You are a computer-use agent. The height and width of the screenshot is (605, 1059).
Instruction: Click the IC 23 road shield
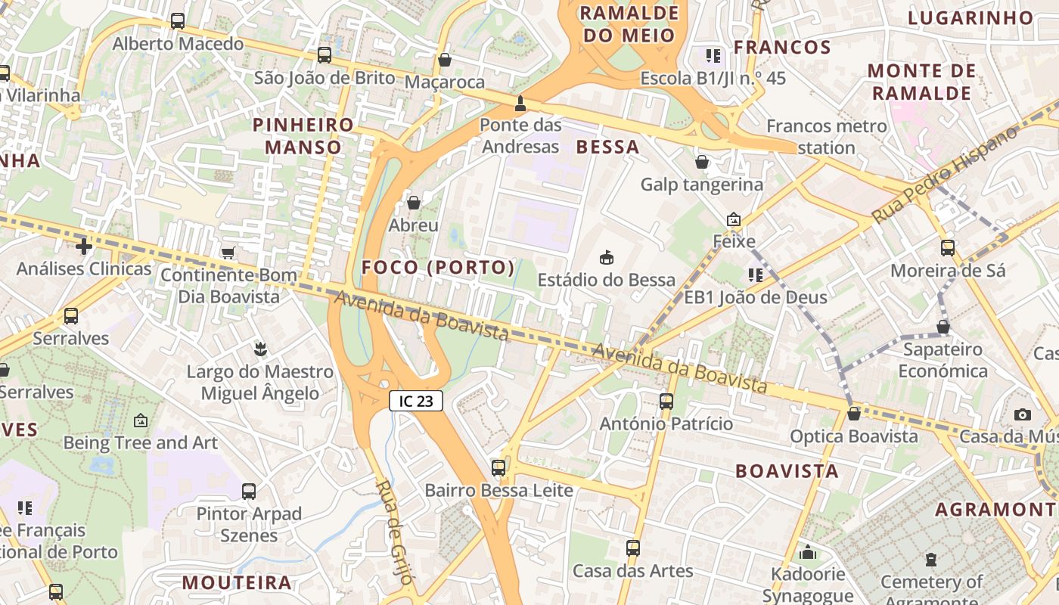click(415, 401)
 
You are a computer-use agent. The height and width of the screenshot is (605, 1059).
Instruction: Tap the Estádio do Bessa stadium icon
click(606, 258)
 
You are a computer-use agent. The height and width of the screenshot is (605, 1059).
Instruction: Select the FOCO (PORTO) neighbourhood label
click(438, 268)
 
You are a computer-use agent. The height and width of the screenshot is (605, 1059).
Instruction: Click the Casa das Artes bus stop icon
click(633, 548)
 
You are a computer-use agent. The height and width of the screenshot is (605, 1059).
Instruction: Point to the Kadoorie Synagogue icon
click(808, 552)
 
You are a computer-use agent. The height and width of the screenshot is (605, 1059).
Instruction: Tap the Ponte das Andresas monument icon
click(520, 103)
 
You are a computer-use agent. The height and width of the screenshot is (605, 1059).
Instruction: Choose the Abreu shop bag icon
click(414, 203)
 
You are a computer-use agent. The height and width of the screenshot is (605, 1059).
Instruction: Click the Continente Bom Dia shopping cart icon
click(228, 253)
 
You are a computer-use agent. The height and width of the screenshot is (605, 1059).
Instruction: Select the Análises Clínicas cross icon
click(84, 247)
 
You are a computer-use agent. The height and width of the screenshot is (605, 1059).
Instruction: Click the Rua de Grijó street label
click(396, 532)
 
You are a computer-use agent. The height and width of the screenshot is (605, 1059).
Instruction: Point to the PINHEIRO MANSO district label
click(303, 135)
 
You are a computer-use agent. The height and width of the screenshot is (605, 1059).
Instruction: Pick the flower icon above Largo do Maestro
click(260, 349)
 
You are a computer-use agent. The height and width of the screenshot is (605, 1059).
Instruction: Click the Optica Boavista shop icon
click(854, 414)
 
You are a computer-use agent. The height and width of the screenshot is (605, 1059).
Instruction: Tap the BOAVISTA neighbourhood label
click(787, 471)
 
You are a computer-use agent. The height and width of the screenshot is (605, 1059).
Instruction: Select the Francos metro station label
click(826, 136)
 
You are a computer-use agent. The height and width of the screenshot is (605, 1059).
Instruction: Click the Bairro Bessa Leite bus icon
click(498, 468)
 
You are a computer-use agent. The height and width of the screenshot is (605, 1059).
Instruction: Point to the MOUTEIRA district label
click(237, 582)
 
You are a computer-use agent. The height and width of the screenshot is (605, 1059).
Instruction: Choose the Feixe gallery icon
click(733, 220)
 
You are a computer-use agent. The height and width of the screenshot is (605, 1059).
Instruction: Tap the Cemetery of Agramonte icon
click(931, 560)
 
